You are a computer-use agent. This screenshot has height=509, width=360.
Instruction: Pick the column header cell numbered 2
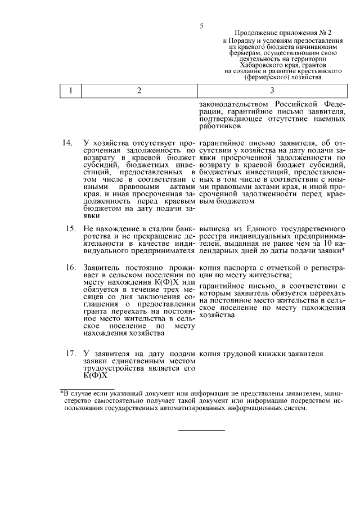coord(139,91)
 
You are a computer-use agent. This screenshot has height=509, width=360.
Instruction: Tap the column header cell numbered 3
coord(272,91)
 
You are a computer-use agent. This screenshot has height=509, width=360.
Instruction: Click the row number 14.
coord(67,143)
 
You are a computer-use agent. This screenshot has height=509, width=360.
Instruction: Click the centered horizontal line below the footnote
coord(201,430)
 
